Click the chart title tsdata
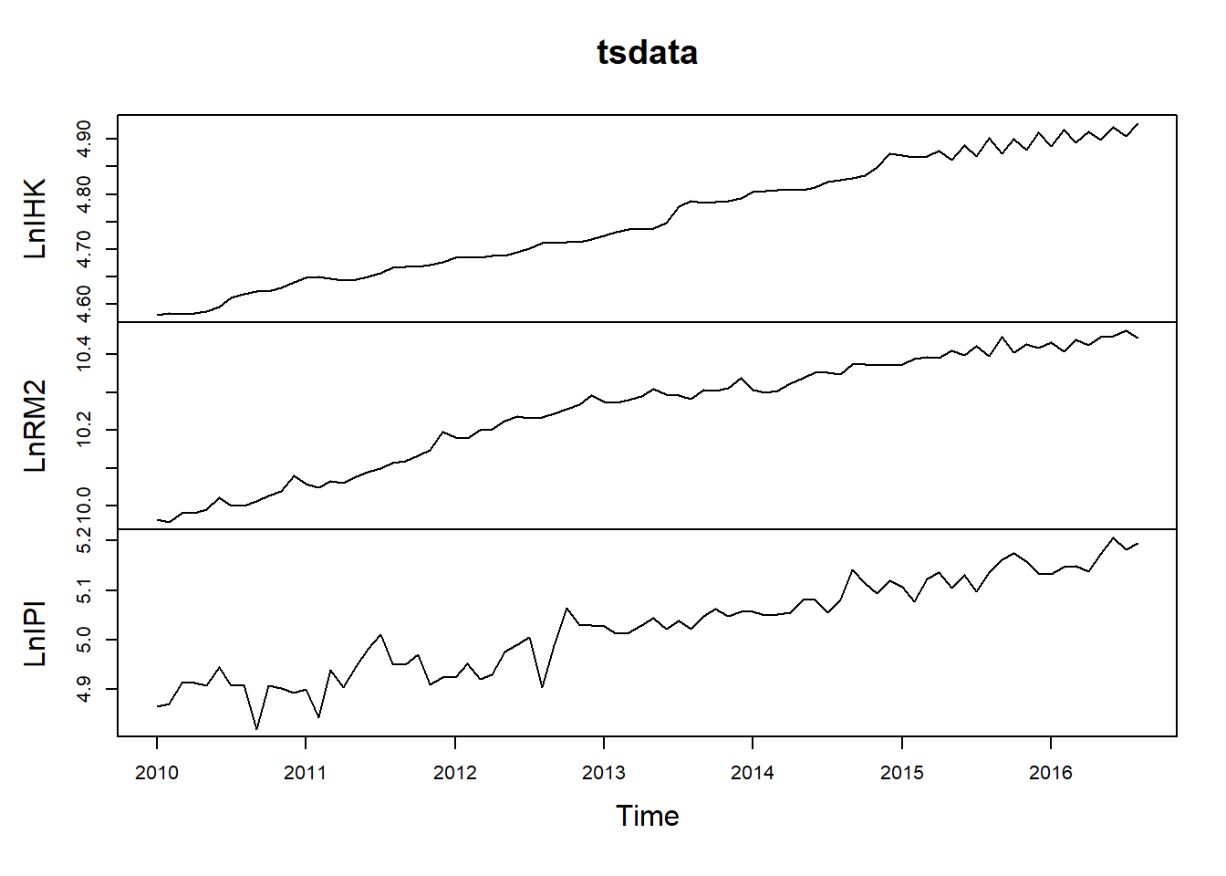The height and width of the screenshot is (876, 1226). pos(647,53)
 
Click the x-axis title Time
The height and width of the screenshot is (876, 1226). pos(647,816)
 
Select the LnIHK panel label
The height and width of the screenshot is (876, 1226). pos(35,218)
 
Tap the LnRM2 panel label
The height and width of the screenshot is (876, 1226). pos(35,425)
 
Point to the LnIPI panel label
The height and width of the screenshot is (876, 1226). pos(35,633)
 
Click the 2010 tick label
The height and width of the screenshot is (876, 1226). pos(157,773)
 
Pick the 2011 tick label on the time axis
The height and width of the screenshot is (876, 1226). pos(306,773)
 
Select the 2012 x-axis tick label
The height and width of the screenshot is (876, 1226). pos(455,773)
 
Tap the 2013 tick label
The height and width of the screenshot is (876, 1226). pos(604,773)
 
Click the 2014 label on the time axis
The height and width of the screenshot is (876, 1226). pos(753,773)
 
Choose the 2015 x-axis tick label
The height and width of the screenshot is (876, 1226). pos(902,773)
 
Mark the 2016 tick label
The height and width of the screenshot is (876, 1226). pos(1051,773)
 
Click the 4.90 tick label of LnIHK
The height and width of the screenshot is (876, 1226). pos(83,139)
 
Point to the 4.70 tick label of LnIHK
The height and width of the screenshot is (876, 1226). pos(83,249)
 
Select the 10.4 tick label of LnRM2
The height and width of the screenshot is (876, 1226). pos(83,354)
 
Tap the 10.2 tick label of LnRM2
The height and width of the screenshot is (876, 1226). pos(83,430)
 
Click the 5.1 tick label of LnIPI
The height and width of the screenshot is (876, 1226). pos(83,590)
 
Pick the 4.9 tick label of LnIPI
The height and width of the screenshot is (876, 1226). pos(83,689)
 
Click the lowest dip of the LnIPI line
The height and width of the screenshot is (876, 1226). pos(256,729)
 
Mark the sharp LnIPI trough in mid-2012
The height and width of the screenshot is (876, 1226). pos(542,688)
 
